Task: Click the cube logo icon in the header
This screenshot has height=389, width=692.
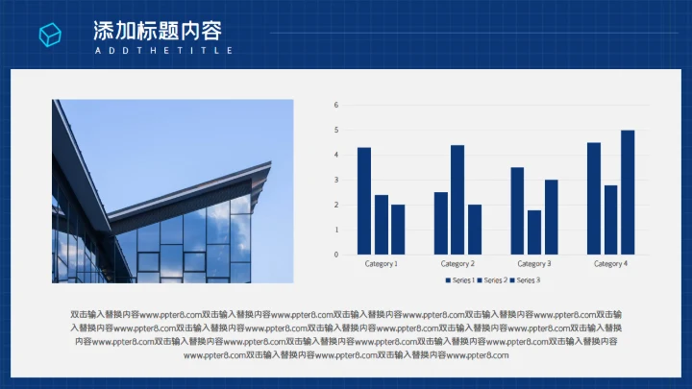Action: tap(50, 35)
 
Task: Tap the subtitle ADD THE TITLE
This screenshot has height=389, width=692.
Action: tap(162, 50)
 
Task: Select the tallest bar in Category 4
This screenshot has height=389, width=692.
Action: tap(628, 192)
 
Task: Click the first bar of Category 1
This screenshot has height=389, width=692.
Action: tap(364, 201)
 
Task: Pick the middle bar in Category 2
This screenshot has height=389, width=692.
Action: tap(457, 200)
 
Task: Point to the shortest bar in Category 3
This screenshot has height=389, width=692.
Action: tap(534, 232)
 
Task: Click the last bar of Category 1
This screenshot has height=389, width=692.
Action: tap(398, 230)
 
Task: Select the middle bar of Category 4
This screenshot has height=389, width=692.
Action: tap(611, 220)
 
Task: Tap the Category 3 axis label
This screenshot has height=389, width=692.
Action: tap(534, 263)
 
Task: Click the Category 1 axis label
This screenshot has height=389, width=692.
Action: tap(382, 263)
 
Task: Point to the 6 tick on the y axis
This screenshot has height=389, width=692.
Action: tap(336, 105)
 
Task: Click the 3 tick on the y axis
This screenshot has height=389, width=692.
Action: tap(336, 180)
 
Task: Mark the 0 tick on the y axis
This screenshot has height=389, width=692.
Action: tap(336, 255)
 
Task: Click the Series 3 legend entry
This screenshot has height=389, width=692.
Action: tap(526, 280)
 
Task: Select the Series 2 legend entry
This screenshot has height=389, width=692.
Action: tap(493, 280)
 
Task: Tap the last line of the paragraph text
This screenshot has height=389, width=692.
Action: tap(345, 355)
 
